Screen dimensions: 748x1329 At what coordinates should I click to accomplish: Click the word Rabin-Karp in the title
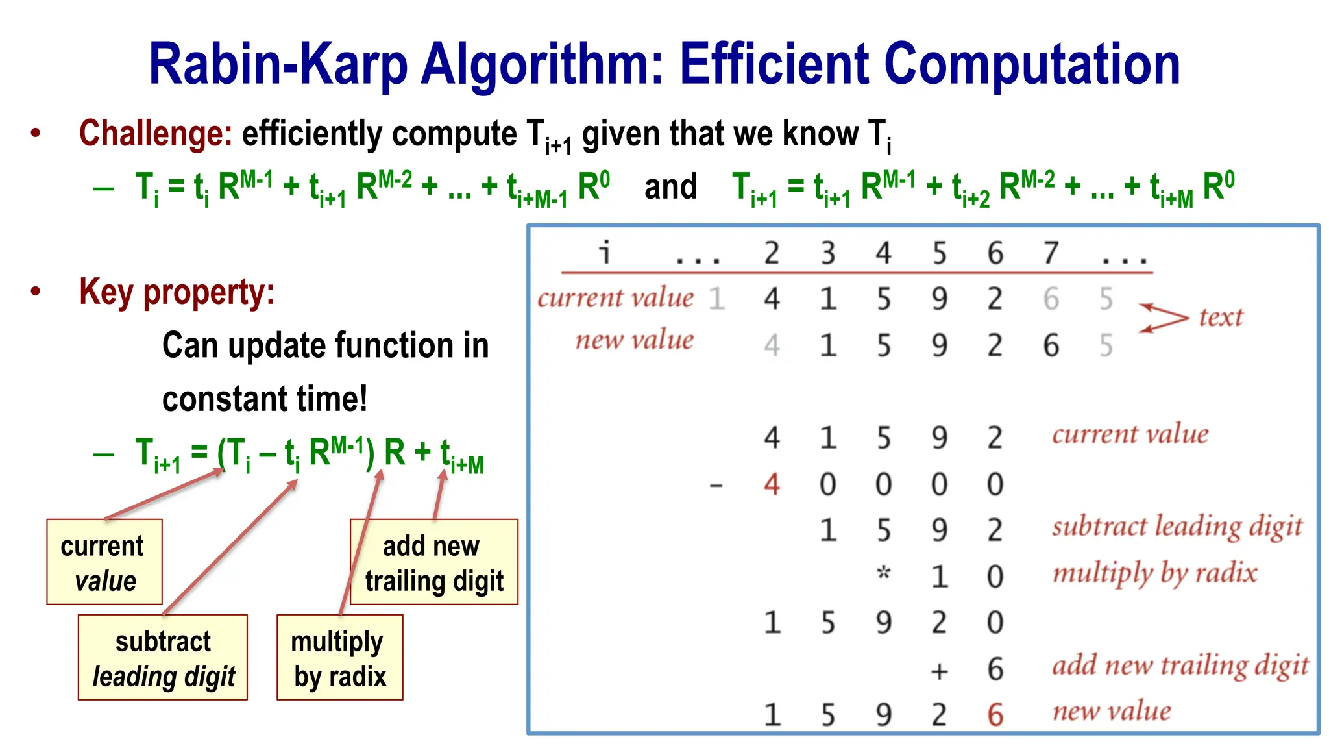coord(278,64)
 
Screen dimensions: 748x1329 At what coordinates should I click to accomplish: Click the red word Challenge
coord(155,134)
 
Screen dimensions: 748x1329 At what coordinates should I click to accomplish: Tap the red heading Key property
coord(176,292)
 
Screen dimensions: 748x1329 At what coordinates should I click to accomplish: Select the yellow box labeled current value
coord(104,562)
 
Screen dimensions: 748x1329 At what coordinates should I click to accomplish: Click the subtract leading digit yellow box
coord(163,658)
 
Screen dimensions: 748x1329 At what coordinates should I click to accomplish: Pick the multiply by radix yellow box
coord(339,658)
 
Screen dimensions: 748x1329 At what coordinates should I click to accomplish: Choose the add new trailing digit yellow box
coord(433,562)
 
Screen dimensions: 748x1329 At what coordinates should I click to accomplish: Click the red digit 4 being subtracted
coord(772,484)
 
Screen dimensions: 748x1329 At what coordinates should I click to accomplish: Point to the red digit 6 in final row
coord(995,715)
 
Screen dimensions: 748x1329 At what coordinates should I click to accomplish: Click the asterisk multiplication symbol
coord(883,574)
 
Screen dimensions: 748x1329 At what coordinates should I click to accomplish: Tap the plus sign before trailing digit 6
coord(939,671)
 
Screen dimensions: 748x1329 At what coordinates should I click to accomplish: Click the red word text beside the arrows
coord(1220,318)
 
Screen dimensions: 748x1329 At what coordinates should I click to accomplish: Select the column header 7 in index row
coord(1051,253)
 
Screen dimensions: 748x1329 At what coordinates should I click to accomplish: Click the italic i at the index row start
coord(605,252)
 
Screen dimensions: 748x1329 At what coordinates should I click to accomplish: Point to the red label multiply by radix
coord(1154,573)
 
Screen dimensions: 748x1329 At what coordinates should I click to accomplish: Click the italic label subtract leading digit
coord(1177,527)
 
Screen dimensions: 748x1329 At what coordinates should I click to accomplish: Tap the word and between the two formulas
coord(670,187)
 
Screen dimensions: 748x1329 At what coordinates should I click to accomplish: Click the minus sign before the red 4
coord(716,485)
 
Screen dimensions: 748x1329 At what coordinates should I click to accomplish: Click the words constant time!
coord(265,399)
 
